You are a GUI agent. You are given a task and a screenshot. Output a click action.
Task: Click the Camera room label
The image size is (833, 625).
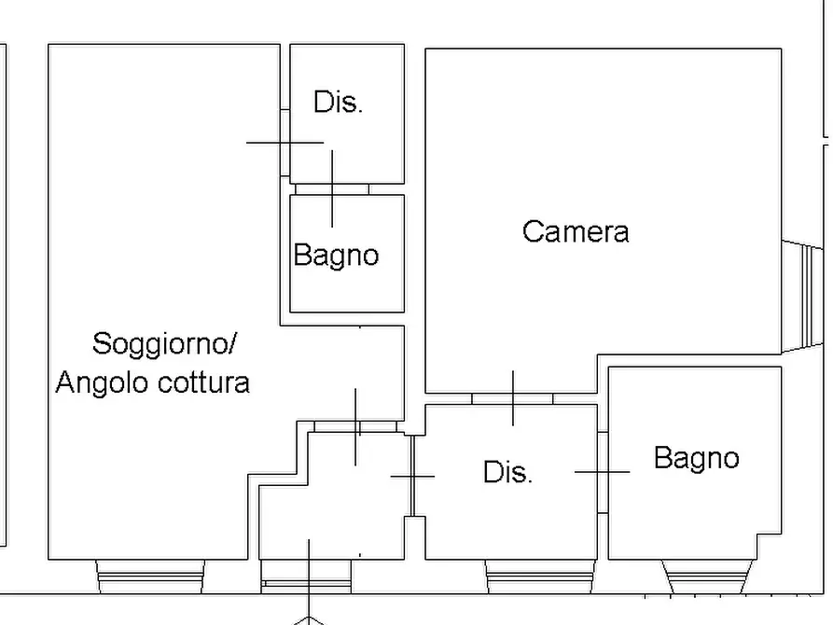pos(576,231)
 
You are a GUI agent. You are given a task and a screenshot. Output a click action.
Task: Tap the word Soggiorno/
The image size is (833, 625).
pos(164,344)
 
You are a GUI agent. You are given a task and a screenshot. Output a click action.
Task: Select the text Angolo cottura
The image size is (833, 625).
pos(153,382)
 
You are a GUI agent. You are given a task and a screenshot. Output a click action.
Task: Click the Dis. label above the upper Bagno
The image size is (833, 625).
pos(338,103)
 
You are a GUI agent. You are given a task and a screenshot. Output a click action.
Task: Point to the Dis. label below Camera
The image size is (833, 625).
pos(508,472)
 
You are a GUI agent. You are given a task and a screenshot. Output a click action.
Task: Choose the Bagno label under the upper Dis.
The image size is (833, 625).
pos(336,255)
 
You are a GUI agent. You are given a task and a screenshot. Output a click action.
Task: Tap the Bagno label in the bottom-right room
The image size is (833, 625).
pos(696,458)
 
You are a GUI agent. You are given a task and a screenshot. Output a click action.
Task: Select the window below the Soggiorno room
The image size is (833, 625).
pos(150,576)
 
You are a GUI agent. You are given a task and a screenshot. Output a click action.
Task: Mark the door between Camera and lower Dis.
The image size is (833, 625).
pos(512,399)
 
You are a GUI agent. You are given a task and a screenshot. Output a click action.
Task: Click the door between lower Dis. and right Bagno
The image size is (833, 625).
pos(603,472)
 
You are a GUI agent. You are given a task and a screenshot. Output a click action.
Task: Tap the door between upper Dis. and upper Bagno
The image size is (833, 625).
pos(332,189)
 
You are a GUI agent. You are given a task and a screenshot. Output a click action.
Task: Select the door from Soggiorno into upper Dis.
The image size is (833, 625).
pos(285,143)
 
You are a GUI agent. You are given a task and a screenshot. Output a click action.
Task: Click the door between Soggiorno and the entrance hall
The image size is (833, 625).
pos(354,426)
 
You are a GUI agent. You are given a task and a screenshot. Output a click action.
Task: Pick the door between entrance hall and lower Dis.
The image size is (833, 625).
pos(411,476)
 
